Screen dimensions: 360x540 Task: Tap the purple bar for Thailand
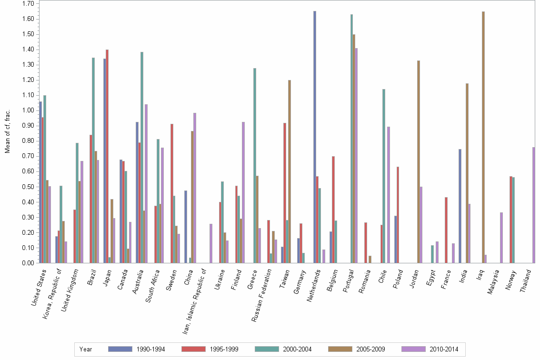point(534,205)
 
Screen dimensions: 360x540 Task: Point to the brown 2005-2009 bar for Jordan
point(419,162)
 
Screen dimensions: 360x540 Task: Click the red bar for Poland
point(398,215)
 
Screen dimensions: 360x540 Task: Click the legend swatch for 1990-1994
point(120,349)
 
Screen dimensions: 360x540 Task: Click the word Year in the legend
point(86,350)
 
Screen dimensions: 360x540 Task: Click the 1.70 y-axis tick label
point(27,4)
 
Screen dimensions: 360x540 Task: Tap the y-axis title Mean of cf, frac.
point(7,131)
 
